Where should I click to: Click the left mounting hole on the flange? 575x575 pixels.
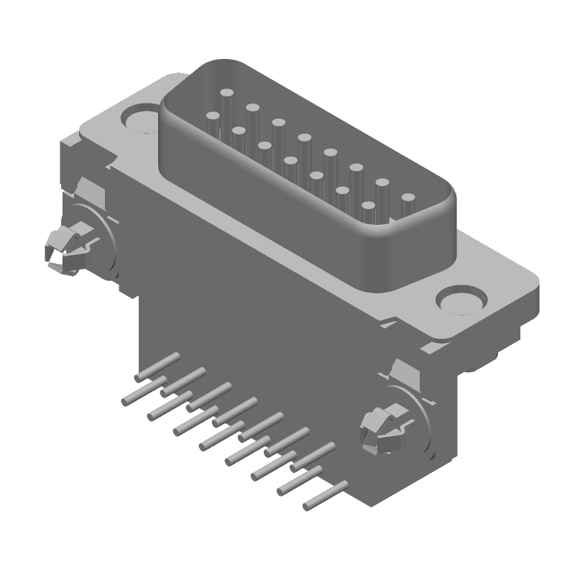[x=137, y=118]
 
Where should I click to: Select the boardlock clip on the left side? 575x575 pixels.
[x=61, y=249]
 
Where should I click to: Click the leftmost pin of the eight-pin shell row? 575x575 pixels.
[x=226, y=93]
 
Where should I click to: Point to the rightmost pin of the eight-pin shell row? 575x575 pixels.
[x=408, y=197]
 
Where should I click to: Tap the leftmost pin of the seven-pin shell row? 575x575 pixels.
[x=212, y=116]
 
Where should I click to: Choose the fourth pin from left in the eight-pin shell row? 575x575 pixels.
[x=304, y=137]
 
